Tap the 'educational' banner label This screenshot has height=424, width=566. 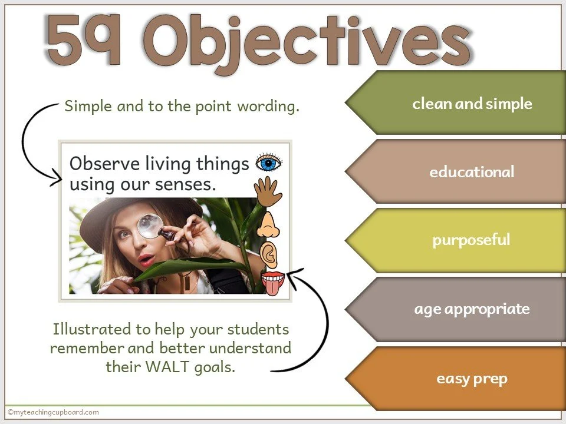472,172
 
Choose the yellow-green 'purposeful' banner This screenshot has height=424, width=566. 470,240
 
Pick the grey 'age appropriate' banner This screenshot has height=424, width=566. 472,309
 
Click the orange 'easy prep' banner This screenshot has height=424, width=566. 472,378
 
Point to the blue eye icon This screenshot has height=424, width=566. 269,163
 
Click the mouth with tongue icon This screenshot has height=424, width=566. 272,282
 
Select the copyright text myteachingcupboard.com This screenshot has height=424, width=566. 53,412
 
